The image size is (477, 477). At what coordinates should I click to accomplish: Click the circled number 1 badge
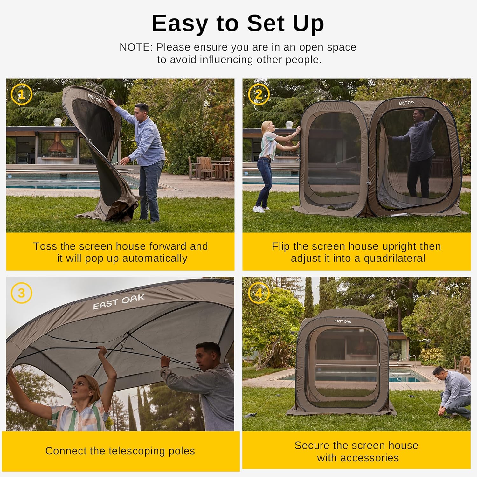21,94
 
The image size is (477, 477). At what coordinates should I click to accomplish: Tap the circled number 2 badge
259,94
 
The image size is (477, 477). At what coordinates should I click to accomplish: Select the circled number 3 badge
21,293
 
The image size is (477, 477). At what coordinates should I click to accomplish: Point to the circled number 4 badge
259,293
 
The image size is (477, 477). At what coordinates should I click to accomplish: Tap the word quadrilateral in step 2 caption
394,258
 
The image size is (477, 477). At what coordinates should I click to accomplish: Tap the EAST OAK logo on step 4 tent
342,321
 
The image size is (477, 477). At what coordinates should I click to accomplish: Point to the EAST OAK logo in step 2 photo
406,103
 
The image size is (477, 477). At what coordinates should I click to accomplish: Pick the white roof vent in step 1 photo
57,122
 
